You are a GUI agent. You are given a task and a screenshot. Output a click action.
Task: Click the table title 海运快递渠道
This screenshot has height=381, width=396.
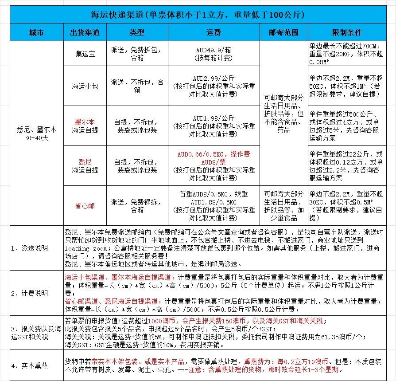pos(198,14)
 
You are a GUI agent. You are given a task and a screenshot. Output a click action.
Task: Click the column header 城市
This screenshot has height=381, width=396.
pos(36,33)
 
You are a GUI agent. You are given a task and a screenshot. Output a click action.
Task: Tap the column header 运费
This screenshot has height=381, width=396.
pos(214,33)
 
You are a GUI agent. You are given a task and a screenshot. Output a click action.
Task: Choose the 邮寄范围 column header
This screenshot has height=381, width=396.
pos(283,33)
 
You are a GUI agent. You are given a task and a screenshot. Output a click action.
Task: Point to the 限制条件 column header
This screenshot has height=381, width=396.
pos(347,33)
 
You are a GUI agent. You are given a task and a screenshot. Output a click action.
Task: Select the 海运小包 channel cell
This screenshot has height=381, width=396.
pos(85,86)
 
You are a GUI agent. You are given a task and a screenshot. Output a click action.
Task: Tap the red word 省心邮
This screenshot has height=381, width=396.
pos(85,206)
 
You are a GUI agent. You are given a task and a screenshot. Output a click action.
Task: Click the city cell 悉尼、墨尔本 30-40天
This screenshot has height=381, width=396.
pos(36,134)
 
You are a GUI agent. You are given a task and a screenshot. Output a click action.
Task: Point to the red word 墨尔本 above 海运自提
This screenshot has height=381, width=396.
pos(85,122)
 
